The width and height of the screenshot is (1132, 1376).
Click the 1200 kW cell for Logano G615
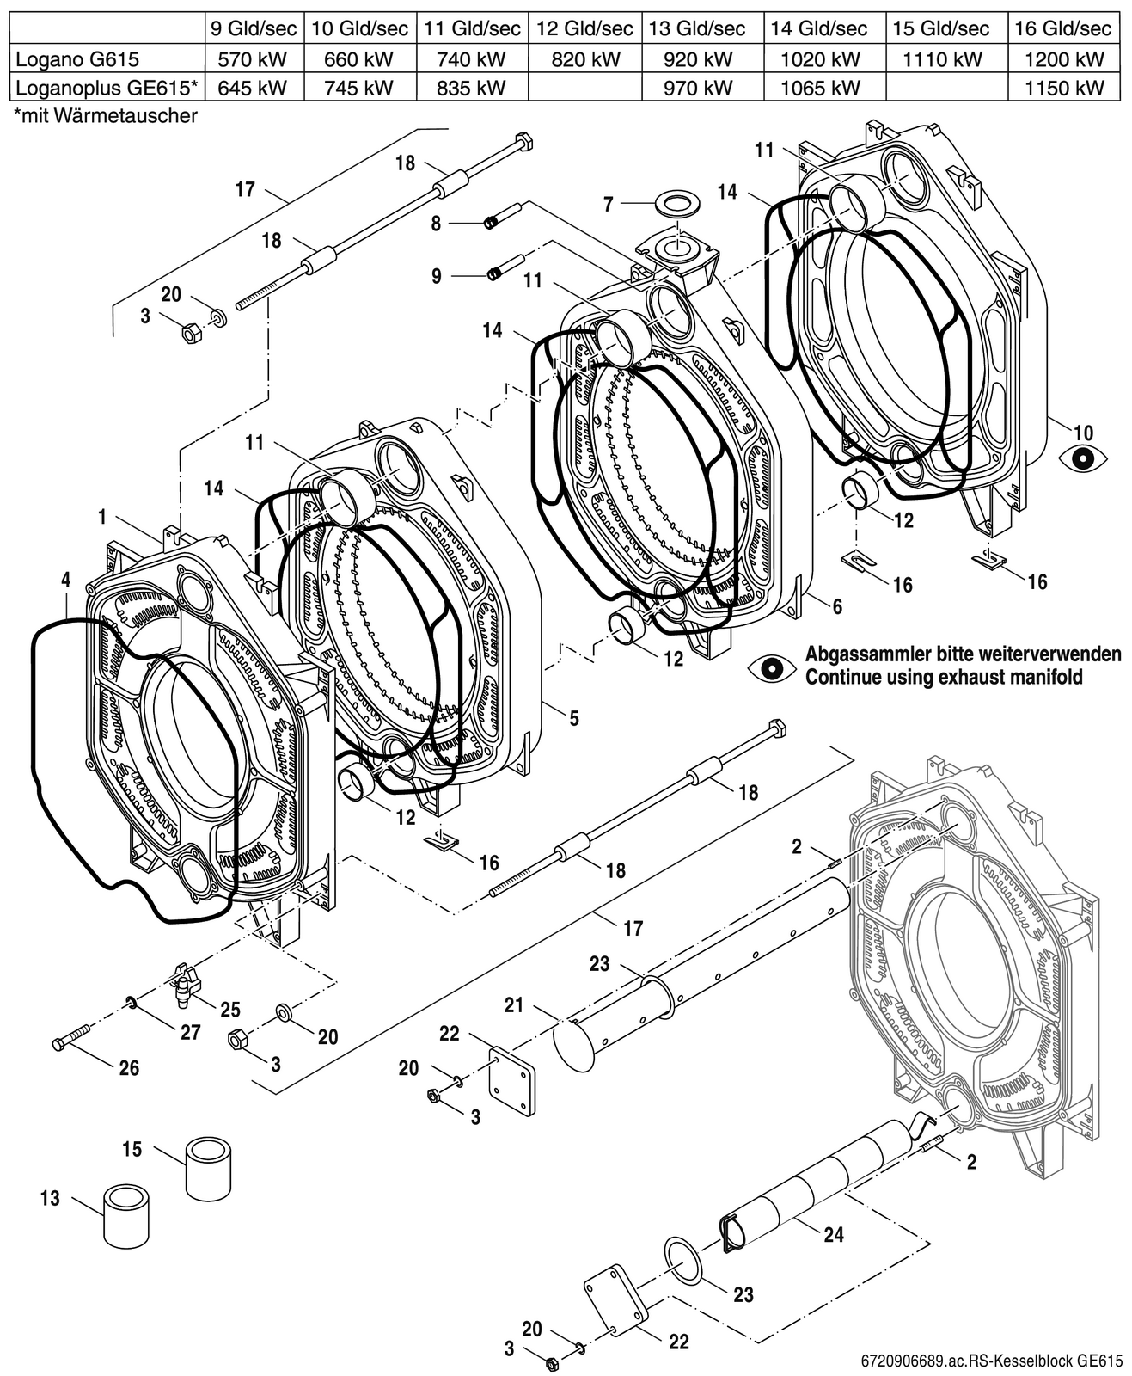[x=1064, y=59]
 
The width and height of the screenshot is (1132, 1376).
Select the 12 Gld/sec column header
[x=585, y=28]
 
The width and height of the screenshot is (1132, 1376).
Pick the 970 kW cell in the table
[x=698, y=88]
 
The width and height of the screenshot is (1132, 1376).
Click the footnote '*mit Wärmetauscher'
[x=106, y=116]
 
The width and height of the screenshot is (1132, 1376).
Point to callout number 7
[x=609, y=205]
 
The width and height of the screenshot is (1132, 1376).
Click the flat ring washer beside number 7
[x=676, y=201]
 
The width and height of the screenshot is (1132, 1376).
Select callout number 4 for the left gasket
[x=66, y=580]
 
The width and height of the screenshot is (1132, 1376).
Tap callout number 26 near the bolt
[x=129, y=1067]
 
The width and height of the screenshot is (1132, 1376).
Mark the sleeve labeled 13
[x=128, y=1214]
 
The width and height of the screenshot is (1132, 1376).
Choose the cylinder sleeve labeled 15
[x=209, y=1168]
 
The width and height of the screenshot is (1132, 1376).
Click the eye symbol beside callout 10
[x=1082, y=458]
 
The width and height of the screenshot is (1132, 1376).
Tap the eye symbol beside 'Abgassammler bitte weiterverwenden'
[x=772, y=669]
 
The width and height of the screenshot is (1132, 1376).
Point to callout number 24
[x=834, y=1234]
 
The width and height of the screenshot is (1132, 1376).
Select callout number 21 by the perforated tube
[x=514, y=1004]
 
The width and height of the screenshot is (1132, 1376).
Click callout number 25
[x=230, y=1010]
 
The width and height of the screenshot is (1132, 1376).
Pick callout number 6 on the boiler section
[x=837, y=606]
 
